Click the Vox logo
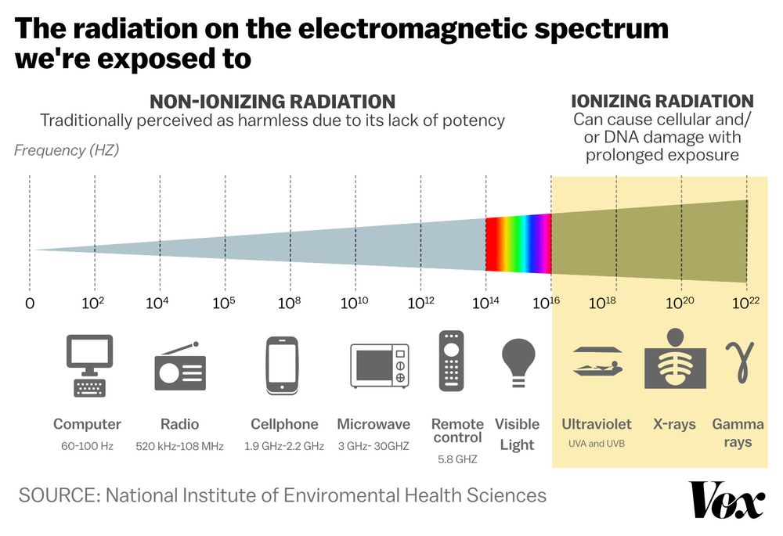click(727, 499)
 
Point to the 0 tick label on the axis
click(30, 303)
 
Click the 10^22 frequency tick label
click(745, 302)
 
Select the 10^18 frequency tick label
click(601, 302)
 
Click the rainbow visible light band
click(518, 243)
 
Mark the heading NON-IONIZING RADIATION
click(272, 102)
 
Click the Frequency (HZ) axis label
click(67, 150)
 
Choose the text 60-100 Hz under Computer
click(87, 446)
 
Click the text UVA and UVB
click(596, 444)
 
